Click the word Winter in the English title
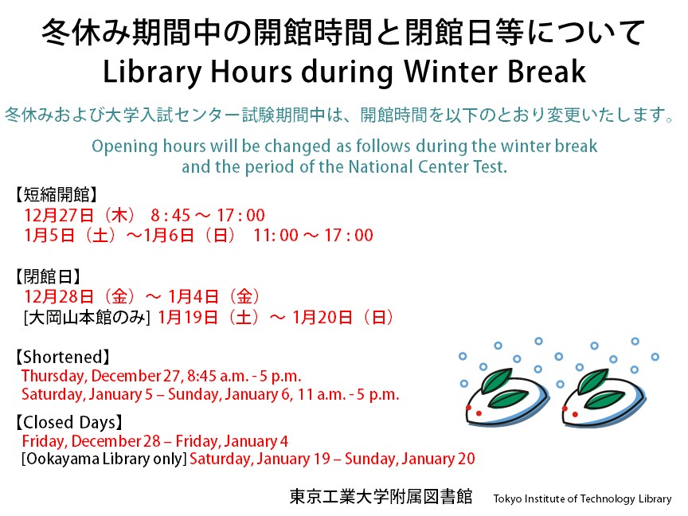coord(451,72)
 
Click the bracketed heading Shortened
coord(63,358)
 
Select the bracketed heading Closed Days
coord(69,423)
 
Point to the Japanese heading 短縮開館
coord(56,194)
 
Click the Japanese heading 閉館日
coord(48,277)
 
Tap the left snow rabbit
coord(506,398)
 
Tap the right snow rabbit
coord(603,398)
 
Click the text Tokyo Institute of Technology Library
coord(582,499)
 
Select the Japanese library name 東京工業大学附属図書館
coord(381,497)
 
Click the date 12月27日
coord(59,216)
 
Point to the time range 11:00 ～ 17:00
coord(313,236)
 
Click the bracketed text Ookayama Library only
coord(104,459)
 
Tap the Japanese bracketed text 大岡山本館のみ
coord(87,317)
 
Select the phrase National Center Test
coord(428,166)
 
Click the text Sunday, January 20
coord(410,459)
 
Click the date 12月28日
coord(59,297)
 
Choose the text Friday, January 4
coord(232,441)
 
